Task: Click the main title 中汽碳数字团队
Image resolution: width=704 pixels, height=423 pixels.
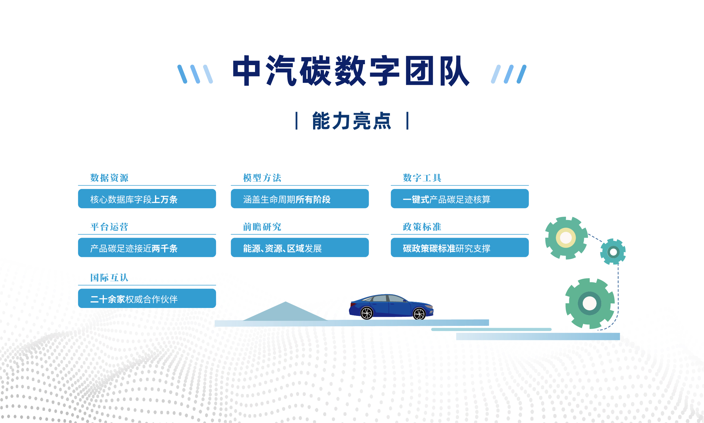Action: tap(351, 71)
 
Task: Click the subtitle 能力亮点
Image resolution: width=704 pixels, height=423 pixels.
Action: tap(352, 121)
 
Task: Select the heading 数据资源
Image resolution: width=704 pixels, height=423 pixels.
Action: tap(109, 178)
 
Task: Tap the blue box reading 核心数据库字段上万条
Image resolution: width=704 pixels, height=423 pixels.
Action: tap(147, 199)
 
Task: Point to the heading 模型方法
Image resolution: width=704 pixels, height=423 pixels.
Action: tap(262, 178)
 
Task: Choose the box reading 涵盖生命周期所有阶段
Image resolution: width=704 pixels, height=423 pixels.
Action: tap(300, 199)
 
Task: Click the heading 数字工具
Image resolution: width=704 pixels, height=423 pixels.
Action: tap(422, 178)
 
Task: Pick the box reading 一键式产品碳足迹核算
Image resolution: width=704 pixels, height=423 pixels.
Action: tap(460, 199)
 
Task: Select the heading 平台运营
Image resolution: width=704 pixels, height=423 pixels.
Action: tap(109, 227)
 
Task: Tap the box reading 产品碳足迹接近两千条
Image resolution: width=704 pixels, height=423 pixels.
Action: tap(147, 248)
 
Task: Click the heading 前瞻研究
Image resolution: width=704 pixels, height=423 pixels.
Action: tap(262, 227)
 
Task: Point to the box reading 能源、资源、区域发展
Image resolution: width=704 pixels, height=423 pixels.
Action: tap(300, 248)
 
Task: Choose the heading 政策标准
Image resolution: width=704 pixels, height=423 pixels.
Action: tap(422, 227)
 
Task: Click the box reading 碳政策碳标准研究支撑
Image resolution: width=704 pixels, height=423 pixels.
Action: tap(460, 248)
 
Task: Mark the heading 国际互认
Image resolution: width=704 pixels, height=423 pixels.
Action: tap(109, 278)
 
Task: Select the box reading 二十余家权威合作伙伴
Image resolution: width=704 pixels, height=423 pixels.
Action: tap(147, 299)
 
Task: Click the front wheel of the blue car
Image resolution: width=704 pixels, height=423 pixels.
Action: tap(419, 313)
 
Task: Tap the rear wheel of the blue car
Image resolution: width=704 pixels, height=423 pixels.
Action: tap(367, 313)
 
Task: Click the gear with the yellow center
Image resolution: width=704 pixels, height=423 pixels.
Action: tap(566, 238)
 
